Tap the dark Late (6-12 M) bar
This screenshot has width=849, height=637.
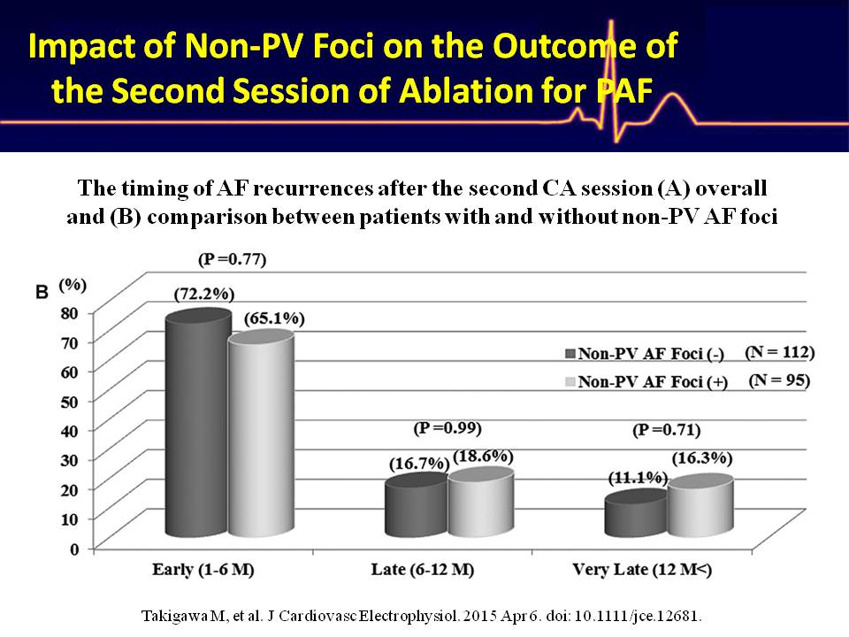[x=417, y=505]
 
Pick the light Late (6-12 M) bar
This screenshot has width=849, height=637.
[x=481, y=503]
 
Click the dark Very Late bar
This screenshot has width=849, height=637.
[x=636, y=513]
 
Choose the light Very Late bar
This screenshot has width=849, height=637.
[x=700, y=506]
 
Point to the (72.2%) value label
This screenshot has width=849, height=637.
[x=204, y=294]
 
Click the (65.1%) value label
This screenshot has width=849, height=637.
[x=274, y=318]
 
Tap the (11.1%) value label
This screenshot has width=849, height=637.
[x=638, y=479]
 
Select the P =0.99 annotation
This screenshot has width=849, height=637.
[x=447, y=428]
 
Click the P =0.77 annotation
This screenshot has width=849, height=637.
[x=233, y=259]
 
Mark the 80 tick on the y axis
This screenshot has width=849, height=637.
[x=73, y=312]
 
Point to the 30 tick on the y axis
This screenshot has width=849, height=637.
[x=73, y=459]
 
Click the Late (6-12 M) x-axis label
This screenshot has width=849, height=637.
[x=423, y=570]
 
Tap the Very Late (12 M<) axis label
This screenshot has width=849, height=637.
[x=642, y=570]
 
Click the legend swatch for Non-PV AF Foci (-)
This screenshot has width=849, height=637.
[x=570, y=354]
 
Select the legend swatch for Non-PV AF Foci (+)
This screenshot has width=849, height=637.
[x=570, y=382]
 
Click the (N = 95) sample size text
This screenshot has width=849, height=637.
[x=779, y=380]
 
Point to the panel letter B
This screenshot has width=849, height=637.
[x=42, y=293]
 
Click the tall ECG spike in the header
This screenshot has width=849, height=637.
[x=612, y=81]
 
